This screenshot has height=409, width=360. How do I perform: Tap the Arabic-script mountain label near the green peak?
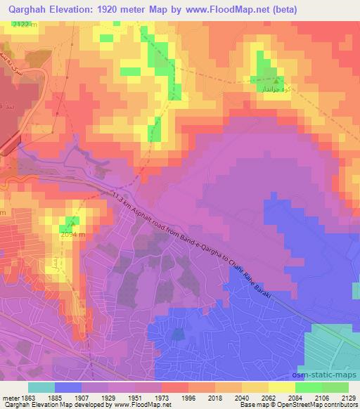point(271,89)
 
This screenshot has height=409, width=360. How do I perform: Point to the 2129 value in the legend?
point(348,396)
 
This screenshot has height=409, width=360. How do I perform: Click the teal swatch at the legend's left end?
point(41,387)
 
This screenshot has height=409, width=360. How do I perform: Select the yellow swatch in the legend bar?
point(282,387)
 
